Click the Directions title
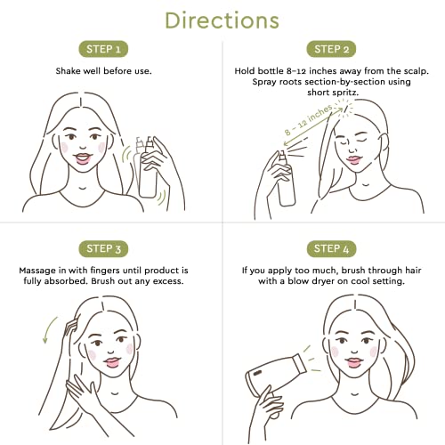[x=222, y=20]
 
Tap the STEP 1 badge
[x=103, y=49]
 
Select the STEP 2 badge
[x=331, y=49]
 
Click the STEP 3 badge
[x=103, y=248]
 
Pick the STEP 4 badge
[x=331, y=248]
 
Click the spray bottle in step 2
[x=286, y=180]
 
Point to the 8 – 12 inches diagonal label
[x=309, y=120]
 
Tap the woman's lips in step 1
[x=83, y=158]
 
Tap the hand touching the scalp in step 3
[x=70, y=327]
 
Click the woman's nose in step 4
[x=354, y=349]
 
